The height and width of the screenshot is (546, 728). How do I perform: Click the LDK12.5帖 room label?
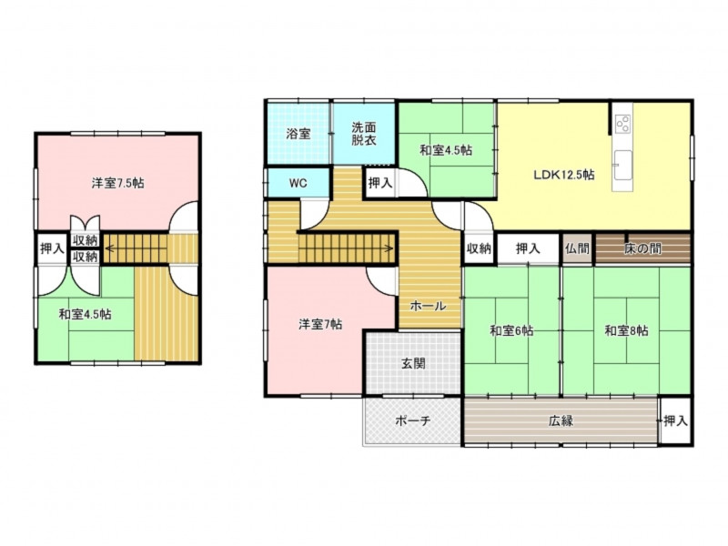pos(563,175)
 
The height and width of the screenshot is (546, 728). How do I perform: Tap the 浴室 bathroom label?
pos(298,134)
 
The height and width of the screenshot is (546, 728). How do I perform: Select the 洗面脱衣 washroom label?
pos(363,134)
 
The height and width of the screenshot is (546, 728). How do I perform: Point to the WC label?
pos(298,183)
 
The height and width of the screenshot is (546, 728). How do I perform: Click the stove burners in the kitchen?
pos(622,124)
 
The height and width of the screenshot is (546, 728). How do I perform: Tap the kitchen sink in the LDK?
pos(622,166)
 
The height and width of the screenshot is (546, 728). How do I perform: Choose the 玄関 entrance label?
pos(413,363)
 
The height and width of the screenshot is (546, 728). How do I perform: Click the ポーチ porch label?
pos(413,420)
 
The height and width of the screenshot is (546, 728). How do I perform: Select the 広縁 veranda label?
pos(561,420)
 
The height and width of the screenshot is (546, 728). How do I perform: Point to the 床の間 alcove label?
pos(642,248)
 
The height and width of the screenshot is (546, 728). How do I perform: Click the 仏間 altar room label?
pos(577,248)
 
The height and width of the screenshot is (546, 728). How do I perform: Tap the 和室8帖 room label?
pos(626,330)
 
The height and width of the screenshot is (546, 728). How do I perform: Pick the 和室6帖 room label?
pos(511,330)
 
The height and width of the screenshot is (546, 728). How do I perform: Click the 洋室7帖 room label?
pos(320,324)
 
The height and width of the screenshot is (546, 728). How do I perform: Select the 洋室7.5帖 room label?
pos(117,183)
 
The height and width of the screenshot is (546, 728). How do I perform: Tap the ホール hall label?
pos(428,306)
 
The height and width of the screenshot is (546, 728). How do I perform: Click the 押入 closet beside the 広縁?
pos(675,420)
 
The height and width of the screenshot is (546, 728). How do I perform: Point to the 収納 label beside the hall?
pos(479,248)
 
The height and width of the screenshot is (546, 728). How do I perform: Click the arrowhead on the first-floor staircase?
pos(390,248)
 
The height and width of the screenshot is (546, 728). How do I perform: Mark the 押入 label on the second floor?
pos(52,248)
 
